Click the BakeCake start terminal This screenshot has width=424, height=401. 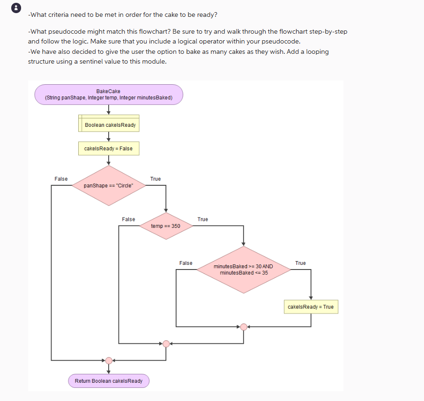108,95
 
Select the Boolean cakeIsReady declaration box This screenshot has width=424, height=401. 109,125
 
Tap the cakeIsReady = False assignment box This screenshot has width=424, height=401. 108,148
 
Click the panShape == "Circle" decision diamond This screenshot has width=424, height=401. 109,185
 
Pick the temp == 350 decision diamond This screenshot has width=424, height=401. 165,226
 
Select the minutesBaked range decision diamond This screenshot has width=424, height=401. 243,270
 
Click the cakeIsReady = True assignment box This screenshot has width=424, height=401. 311,307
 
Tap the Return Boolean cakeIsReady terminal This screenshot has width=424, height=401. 109,381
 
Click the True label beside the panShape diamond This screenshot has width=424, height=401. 156,179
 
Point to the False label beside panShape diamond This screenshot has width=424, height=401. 61,179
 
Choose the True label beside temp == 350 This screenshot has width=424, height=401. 203,219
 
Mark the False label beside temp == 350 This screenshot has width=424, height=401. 128,219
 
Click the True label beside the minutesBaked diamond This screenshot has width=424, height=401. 301,263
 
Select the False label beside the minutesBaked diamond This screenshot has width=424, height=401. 186,263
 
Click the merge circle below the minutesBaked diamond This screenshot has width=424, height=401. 243,327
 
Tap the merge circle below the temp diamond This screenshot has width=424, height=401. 166,344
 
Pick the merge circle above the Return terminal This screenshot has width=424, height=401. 109,361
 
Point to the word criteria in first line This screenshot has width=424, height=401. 58,15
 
